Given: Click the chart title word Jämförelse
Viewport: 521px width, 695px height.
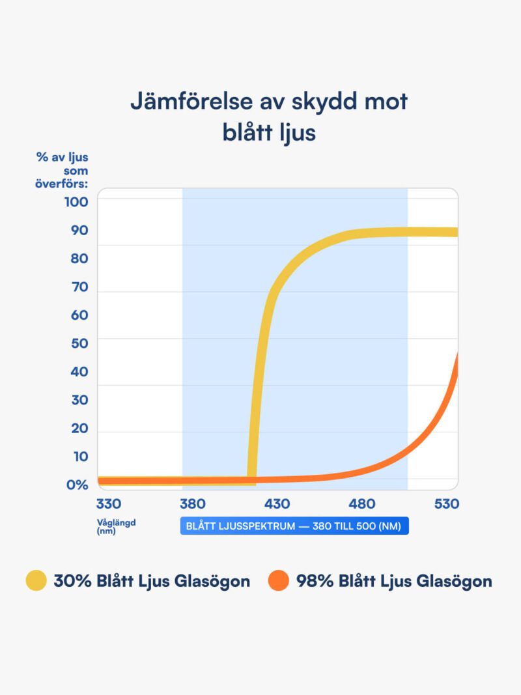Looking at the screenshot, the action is point(191,102).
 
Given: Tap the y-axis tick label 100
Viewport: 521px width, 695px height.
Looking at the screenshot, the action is point(76,202).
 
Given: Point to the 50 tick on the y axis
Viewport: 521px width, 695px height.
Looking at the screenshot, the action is point(79,343).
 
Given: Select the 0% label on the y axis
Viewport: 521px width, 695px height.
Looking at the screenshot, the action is point(77,485).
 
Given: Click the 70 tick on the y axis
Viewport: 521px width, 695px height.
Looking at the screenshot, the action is point(80,287).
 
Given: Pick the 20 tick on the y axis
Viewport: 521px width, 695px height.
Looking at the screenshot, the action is point(79,429).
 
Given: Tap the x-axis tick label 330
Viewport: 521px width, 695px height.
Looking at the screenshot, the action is point(109,504).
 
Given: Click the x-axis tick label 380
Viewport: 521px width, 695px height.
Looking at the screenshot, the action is point(193,504).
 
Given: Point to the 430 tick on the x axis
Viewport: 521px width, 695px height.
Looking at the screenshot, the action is point(277,504).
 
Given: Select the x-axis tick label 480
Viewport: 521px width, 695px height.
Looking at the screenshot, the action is point(362,504).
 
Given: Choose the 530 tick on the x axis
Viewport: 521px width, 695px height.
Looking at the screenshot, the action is point(447,504).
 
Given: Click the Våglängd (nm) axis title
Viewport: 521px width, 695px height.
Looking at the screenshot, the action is point(116,526).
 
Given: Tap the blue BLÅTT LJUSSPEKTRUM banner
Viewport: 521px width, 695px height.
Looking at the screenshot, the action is point(294,526).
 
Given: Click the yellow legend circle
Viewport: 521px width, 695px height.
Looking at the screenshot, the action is point(36,580).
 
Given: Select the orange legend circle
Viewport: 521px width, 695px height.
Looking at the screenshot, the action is point(279,580).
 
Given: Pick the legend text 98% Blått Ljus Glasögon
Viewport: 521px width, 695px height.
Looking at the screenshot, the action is point(394,581).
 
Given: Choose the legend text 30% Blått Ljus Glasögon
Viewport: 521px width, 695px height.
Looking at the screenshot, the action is point(152,581).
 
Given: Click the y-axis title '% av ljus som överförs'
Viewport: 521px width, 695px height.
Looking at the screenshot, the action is point(62,171).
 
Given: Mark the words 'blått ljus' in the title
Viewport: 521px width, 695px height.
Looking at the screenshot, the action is point(269,133).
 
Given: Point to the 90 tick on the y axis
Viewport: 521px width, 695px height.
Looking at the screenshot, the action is point(79,231).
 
